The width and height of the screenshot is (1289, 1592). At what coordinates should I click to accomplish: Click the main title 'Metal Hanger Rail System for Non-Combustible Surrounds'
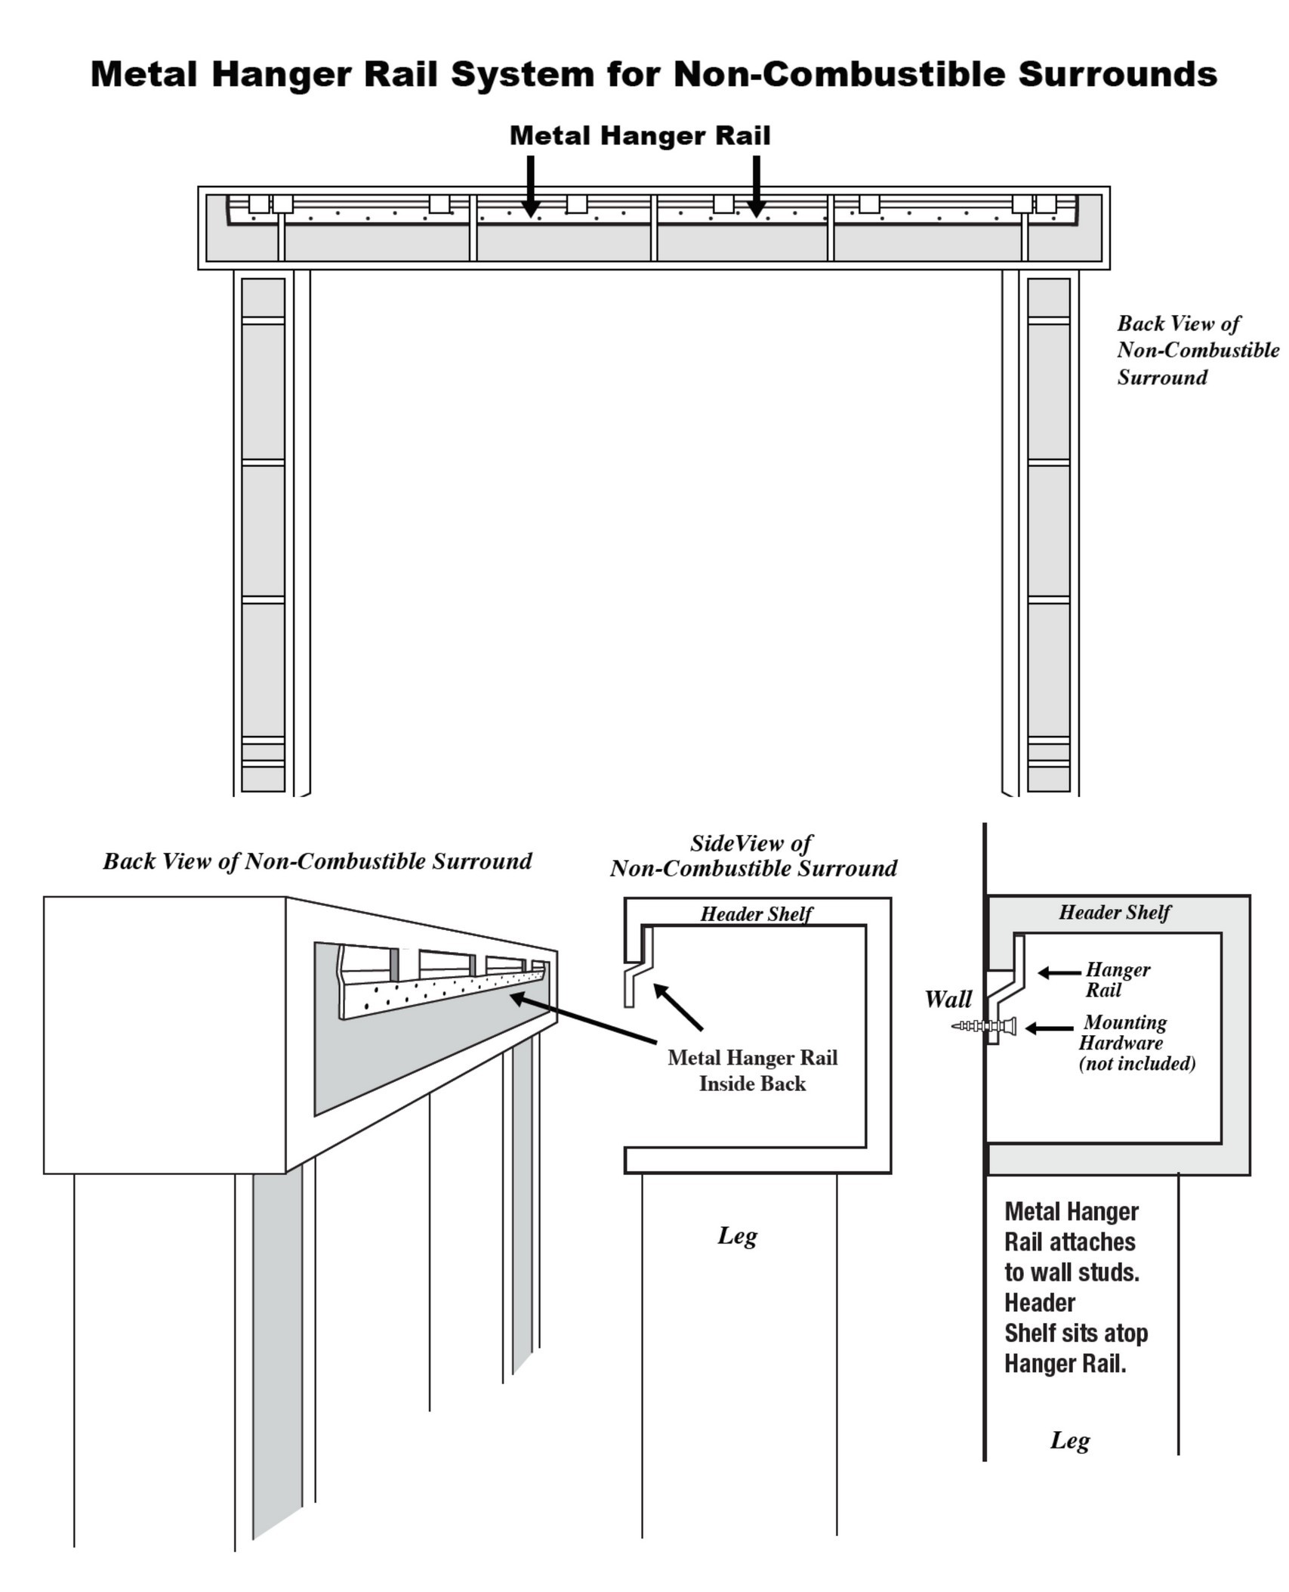653,74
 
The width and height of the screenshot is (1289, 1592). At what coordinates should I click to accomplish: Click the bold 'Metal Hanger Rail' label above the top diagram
640,136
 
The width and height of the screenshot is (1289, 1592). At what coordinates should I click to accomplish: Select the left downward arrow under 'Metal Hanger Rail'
531,186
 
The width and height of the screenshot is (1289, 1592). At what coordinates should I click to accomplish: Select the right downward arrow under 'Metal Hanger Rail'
756,186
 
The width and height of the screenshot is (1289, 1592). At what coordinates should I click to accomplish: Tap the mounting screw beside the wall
984,1026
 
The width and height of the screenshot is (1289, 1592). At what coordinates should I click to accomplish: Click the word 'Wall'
948,999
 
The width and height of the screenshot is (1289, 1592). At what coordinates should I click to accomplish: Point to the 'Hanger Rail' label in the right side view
1117,979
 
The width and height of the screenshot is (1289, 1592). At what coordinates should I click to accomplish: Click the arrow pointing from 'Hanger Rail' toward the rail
1059,973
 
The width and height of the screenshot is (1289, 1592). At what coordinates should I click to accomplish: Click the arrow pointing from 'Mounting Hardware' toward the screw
1049,1028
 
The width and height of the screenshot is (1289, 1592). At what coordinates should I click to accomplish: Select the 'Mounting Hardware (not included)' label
1136,1043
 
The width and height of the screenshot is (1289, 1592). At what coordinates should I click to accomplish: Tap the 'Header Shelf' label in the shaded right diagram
1114,912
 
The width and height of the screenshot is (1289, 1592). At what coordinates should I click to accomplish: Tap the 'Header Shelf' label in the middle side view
756,913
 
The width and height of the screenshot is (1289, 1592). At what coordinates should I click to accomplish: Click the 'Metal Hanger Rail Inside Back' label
752,1070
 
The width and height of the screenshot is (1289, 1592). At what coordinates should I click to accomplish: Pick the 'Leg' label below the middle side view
737,1235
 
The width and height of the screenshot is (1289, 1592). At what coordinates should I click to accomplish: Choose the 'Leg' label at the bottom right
1069,1439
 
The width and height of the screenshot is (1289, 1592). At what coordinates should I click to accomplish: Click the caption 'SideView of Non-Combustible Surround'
753,855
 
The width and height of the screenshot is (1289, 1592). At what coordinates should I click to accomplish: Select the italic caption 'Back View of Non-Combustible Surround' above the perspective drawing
317,861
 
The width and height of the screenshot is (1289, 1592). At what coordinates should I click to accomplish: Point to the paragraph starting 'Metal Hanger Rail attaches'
1075,1287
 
